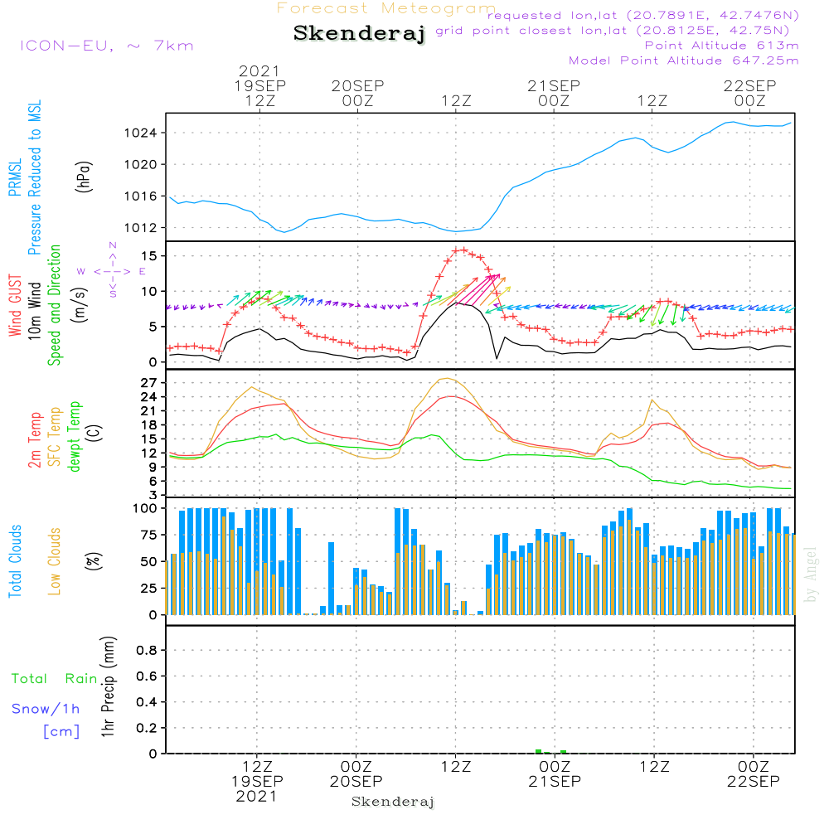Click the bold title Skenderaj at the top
coord(359,34)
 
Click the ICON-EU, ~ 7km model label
coord(106,46)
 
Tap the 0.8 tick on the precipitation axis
coord(147,650)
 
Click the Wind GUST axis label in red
coord(15,306)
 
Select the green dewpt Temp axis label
coord(75,437)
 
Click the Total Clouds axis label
coord(15,561)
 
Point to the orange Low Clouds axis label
coord(55,561)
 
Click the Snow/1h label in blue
coord(46,709)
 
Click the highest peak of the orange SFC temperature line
coord(448,378)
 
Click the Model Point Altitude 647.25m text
coord(684,61)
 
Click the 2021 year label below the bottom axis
coord(257,796)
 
